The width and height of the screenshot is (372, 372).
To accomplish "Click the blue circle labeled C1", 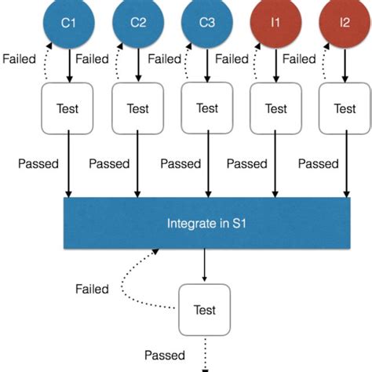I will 69,23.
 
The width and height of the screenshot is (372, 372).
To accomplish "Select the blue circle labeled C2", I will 138,23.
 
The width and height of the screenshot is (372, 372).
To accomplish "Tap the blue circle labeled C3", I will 207,23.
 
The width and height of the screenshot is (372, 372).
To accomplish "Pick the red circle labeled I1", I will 275,23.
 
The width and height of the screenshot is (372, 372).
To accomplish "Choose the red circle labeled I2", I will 345,23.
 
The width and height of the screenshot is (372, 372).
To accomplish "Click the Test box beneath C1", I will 69,109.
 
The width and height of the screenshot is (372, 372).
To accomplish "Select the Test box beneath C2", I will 138,109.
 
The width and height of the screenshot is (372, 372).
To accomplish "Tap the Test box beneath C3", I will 207,109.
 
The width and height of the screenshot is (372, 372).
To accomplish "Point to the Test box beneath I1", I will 275,109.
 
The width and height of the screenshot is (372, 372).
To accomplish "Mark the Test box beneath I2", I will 345,109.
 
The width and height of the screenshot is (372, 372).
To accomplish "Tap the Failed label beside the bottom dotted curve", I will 93,289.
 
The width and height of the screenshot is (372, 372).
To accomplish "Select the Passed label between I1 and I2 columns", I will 319,164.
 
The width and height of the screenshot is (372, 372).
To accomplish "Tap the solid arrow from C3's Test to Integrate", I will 207,165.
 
